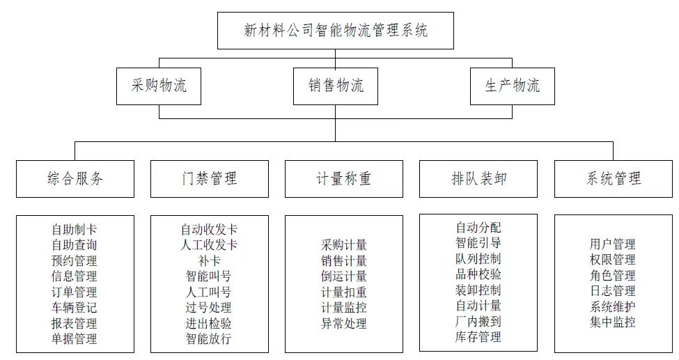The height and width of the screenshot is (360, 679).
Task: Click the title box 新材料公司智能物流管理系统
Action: click(x=335, y=31)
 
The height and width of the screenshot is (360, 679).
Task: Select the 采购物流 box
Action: click(x=159, y=86)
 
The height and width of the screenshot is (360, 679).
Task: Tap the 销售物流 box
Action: click(x=335, y=86)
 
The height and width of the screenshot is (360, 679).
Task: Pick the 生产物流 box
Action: click(x=512, y=86)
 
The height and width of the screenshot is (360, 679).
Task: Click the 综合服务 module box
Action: click(x=75, y=179)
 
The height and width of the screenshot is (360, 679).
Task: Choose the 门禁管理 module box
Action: click(x=209, y=179)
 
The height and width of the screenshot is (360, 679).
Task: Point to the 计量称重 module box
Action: click(x=343, y=179)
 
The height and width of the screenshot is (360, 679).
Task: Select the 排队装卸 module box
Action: click(x=478, y=179)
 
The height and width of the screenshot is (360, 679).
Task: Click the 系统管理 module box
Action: click(x=613, y=179)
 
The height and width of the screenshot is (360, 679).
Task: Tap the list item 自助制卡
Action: click(x=74, y=229)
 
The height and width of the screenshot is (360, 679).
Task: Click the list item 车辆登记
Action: click(x=74, y=307)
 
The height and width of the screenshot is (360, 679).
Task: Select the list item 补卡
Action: click(x=209, y=260)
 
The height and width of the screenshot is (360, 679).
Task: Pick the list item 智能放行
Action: click(x=209, y=339)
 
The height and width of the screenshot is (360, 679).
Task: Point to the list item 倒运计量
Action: click(x=343, y=276)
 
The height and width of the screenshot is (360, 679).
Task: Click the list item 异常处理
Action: click(x=343, y=323)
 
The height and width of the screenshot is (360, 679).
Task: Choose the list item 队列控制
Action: click(x=478, y=259)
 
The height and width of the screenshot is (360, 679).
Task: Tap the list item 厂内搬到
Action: click(x=478, y=322)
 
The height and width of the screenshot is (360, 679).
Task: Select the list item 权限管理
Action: click(x=612, y=260)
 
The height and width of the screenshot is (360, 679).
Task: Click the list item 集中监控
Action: click(x=612, y=322)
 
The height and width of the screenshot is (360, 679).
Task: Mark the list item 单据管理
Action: click(x=74, y=339)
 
